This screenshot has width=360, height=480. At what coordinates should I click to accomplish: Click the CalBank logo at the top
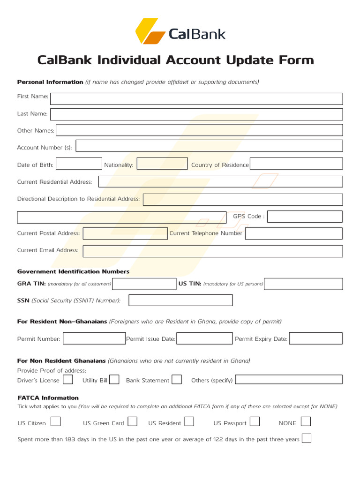click(180, 31)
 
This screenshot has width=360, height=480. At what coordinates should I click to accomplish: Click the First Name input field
click(196, 98)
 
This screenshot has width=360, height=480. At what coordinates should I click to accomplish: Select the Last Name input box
click(196, 114)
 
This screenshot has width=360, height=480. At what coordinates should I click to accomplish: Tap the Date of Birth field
click(79, 164)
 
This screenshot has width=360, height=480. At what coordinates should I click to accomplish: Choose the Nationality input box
click(162, 164)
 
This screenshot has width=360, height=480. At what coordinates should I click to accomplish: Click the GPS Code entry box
click(305, 217)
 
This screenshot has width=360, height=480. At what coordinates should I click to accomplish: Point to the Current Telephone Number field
click(294, 233)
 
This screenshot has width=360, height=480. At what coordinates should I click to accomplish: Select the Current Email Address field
click(213, 251)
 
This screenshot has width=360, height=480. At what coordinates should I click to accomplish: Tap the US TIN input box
click(304, 284)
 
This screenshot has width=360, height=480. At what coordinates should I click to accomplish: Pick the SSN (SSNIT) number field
click(180, 300)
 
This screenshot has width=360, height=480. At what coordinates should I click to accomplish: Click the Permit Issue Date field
click(204, 338)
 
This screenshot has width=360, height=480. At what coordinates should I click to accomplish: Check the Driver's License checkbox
click(68, 379)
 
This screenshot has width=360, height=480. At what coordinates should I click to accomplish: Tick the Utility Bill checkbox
click(114, 379)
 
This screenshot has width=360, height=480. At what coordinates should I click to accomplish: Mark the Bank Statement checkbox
click(177, 379)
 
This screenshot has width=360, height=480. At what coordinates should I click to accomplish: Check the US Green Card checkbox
click(133, 421)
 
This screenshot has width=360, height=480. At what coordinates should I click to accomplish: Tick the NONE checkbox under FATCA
click(306, 421)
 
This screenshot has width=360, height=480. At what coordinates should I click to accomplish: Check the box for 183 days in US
click(307, 439)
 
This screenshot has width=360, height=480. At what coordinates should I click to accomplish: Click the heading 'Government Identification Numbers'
click(73, 272)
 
